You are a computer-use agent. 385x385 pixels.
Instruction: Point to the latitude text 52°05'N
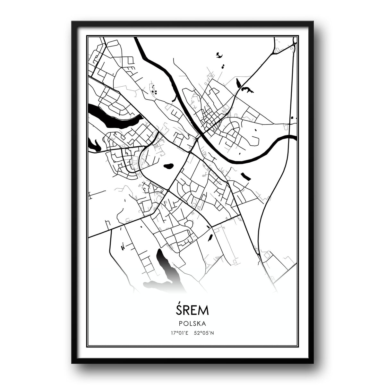tap(204, 332)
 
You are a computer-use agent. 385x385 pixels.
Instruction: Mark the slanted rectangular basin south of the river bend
tap(245, 176)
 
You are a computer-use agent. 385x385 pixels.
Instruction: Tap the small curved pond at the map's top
tap(219, 55)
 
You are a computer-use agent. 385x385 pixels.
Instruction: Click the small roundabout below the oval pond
tap(168, 191)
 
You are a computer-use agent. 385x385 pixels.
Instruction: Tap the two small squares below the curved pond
tap(222, 66)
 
